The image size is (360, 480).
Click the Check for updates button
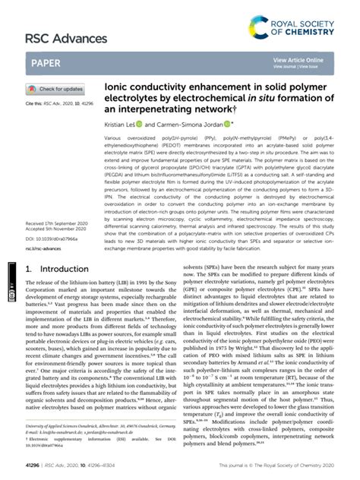(58, 88)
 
